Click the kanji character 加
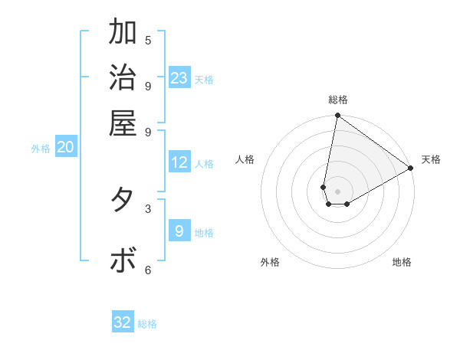[123, 32]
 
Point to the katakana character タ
[123, 200]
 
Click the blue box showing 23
[179, 78]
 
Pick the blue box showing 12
[179, 162]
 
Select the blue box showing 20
[65, 148]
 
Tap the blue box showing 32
[123, 322]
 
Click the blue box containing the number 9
[179, 231]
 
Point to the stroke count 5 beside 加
[148, 40]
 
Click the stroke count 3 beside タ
[148, 208]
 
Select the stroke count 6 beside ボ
[148, 270]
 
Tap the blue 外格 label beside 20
[41, 149]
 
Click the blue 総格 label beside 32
[148, 324]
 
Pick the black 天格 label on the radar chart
[431, 159]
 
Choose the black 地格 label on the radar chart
[402, 262]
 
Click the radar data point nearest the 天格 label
[411, 169]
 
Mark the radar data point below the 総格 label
[337, 116]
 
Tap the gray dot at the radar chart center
[337, 191]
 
